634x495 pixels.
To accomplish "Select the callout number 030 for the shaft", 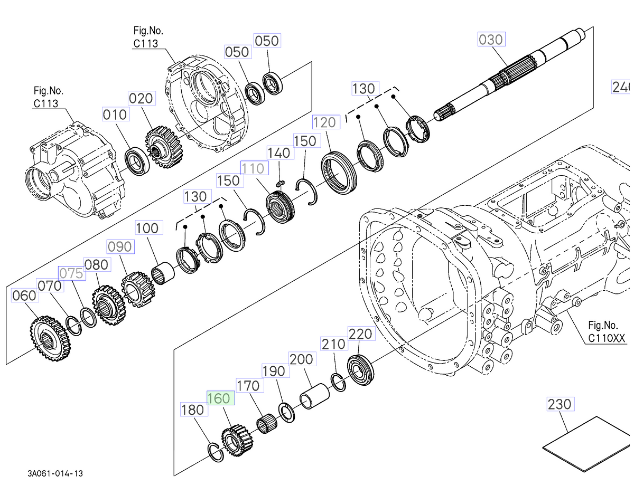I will point(491,40).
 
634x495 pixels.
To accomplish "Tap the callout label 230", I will point(560,404).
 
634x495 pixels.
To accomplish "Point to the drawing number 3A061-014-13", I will point(55,473).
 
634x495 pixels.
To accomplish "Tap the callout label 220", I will point(360,334).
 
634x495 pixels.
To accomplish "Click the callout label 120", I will point(324,122).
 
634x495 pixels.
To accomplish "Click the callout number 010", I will point(115,115).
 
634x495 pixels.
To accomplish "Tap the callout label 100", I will point(147,228).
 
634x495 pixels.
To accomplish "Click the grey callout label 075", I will point(71,273).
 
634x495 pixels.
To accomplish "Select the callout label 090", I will point(120,247).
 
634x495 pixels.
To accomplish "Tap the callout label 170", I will point(248,386).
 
